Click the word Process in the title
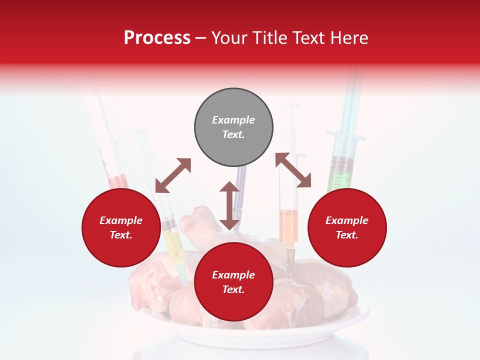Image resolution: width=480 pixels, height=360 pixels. click(157, 38)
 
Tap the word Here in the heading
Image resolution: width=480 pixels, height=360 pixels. click(348, 38)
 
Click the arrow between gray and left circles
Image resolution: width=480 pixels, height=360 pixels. click(173, 175)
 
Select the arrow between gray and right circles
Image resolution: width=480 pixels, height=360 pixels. click(293, 170)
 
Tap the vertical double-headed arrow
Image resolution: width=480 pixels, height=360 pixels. click(229, 205)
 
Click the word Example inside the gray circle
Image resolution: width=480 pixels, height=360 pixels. click(233, 120)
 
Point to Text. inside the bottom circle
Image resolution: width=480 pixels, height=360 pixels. click(233, 289)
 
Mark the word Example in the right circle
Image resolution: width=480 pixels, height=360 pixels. click(346, 220)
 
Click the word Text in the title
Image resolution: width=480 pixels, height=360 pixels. click(309, 38)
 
